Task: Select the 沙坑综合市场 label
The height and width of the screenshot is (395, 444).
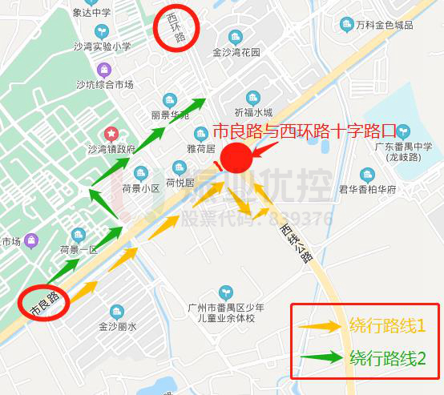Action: coord(104,84)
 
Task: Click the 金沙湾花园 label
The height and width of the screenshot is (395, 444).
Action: coord(236,52)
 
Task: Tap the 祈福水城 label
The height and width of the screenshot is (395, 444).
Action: coord(253,112)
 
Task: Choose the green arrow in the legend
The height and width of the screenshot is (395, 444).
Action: coord(321,357)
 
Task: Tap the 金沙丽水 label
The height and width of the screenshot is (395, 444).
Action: coord(118,326)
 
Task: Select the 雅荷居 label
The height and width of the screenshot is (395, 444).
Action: coord(201,148)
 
